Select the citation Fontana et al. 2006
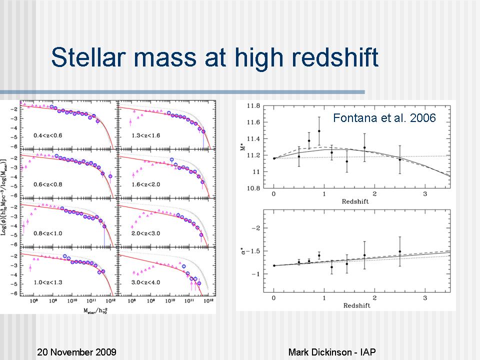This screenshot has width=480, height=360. (x=384, y=118)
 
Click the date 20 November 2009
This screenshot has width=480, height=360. (x=77, y=352)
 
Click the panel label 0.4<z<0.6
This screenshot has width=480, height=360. (x=48, y=135)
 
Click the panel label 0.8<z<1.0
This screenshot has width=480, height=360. (x=48, y=233)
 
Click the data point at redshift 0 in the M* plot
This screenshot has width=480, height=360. (x=274, y=158)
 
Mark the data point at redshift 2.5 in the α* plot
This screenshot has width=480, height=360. (x=400, y=251)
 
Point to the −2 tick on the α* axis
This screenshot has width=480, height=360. (x=258, y=228)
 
